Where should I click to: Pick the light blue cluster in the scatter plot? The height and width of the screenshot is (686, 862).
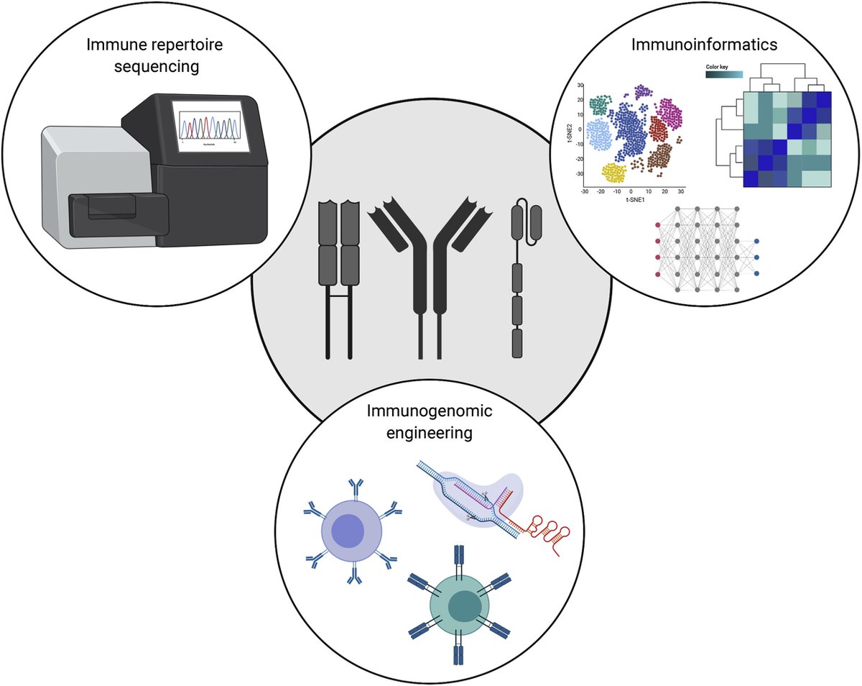point(601,134)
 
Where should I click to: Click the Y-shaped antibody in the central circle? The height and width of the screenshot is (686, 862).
point(430,266)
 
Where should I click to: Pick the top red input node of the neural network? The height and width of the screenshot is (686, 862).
point(659,225)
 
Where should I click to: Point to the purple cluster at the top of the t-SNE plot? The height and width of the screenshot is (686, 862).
point(642,92)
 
